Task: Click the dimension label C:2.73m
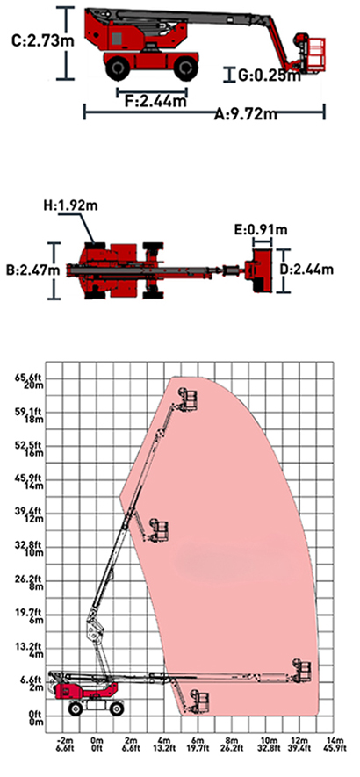pyautogui.click(x=43, y=40)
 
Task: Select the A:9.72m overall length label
pyautogui.click(x=246, y=115)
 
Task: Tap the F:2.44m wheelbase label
pyautogui.click(x=155, y=102)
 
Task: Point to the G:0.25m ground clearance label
pyautogui.click(x=270, y=76)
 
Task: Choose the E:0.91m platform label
pyautogui.click(x=261, y=229)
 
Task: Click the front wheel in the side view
pyautogui.click(x=186, y=68)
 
